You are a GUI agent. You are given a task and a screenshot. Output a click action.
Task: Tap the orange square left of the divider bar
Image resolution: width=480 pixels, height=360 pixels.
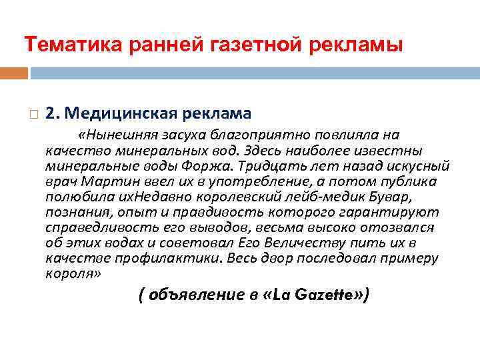click(14, 72)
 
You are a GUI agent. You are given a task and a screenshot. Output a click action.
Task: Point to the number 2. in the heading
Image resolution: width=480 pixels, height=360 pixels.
click(54, 114)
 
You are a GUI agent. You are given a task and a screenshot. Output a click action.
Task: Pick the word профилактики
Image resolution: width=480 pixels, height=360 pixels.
click(185, 258)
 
